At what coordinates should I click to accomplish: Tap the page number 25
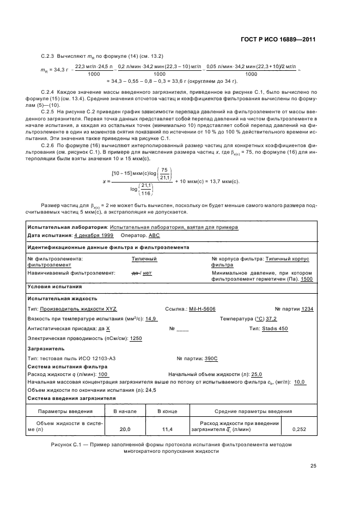(x=313, y=465)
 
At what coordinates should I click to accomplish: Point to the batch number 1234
(x=308, y=308)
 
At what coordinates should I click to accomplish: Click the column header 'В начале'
(x=125, y=411)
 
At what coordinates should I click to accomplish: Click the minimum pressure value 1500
(x=307, y=279)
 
